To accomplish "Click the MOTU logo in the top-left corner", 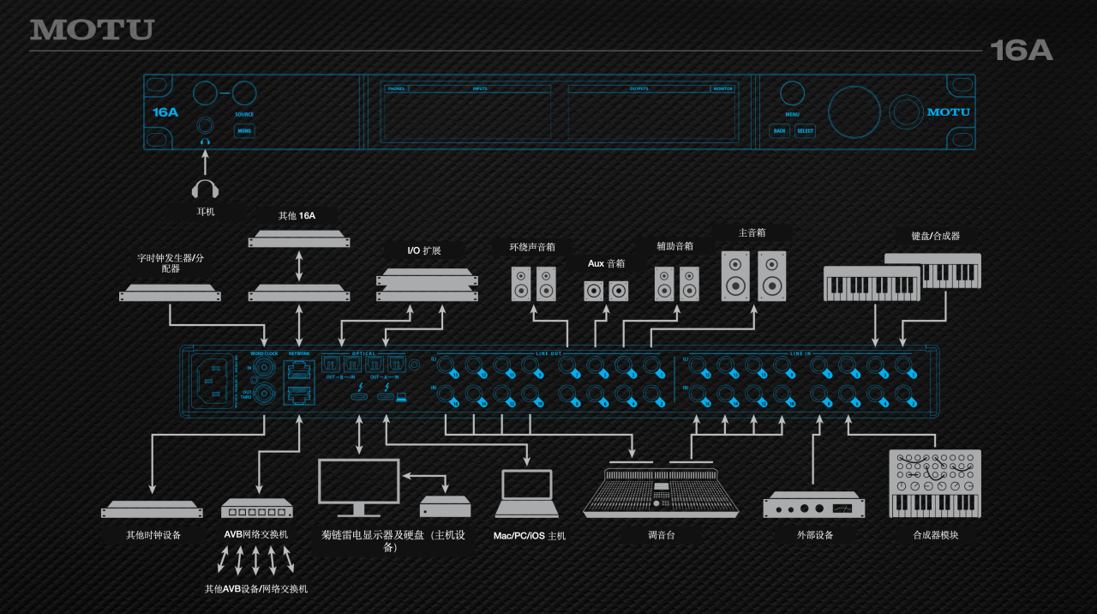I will [92, 30].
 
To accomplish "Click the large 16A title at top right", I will [1021, 51].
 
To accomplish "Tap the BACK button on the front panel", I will [779, 131].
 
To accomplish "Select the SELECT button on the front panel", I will [805, 131].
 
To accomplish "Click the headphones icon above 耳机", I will [205, 189].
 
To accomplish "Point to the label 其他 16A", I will [297, 215].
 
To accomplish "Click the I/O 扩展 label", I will [424, 250].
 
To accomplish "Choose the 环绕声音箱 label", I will [526, 247].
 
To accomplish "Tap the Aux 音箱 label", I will [606, 263].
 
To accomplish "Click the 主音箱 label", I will [752, 232].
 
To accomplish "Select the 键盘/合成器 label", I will [935, 236].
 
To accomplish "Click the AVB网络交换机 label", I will [255, 534].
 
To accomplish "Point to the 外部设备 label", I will [813, 535].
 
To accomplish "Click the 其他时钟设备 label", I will [153, 535].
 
